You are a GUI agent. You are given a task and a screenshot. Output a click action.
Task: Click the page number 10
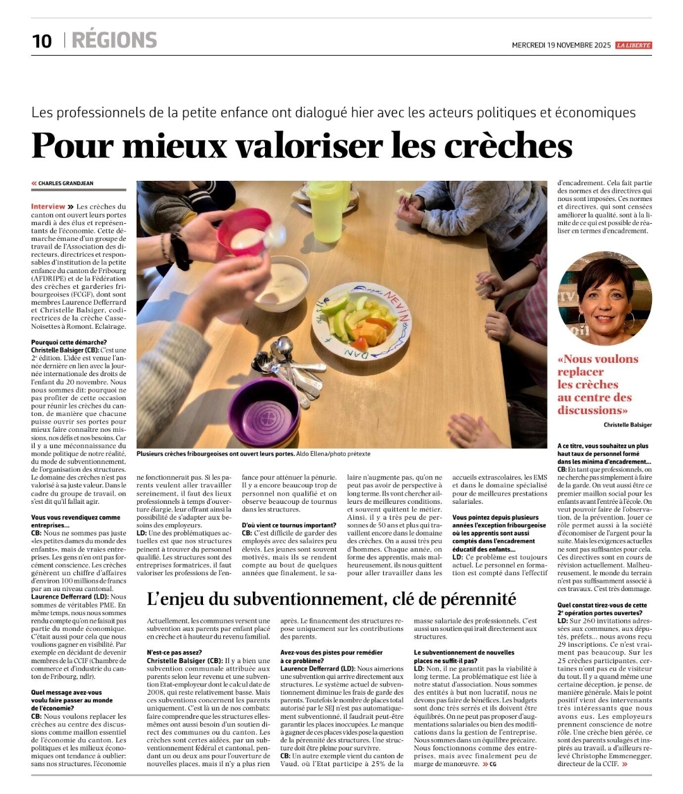pos(42,40)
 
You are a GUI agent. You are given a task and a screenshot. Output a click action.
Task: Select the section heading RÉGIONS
pos(114,40)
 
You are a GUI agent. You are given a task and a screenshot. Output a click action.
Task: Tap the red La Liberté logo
pos(633,45)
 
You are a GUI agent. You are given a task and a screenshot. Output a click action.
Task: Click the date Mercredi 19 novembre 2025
pos(562,46)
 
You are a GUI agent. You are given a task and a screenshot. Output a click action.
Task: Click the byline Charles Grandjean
pos(65,183)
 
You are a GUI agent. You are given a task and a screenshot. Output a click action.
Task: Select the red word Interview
pos(48,207)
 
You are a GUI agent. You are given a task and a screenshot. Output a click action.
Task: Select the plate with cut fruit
pos(360,319)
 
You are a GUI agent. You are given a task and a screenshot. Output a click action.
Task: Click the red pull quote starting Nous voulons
pos(597,384)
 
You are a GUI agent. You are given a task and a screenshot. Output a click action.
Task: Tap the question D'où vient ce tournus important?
pos(288,525)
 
